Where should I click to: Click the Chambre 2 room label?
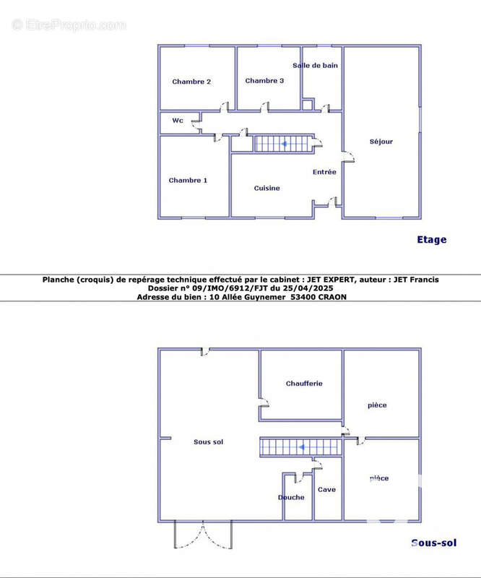click(191, 82)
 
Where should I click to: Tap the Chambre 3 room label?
click(264, 80)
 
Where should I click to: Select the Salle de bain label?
click(315, 65)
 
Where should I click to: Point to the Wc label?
click(178, 120)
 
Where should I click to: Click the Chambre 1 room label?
click(188, 180)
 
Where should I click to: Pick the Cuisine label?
click(266, 188)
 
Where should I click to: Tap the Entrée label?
click(324, 172)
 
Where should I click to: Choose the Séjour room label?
click(381, 142)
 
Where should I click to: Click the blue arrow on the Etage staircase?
click(284, 144)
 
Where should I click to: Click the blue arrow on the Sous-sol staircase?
click(301, 447)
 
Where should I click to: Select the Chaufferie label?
click(304, 384)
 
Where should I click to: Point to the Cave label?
click(326, 490)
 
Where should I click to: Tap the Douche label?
click(291, 497)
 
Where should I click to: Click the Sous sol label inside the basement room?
click(208, 441)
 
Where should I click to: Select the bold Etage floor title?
click(432, 240)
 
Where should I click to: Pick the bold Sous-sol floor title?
click(434, 543)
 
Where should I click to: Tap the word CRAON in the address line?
click(332, 297)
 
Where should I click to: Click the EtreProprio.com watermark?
click(69, 25)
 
